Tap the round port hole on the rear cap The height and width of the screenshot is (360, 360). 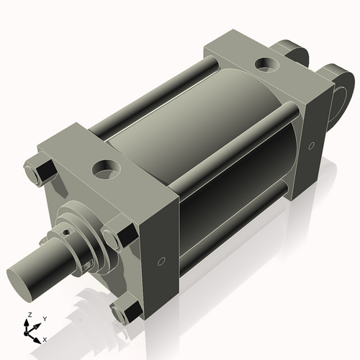pos(266,65)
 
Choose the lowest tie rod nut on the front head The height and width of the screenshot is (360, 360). pos(127,310)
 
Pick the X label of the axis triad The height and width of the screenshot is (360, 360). pos(45,338)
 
